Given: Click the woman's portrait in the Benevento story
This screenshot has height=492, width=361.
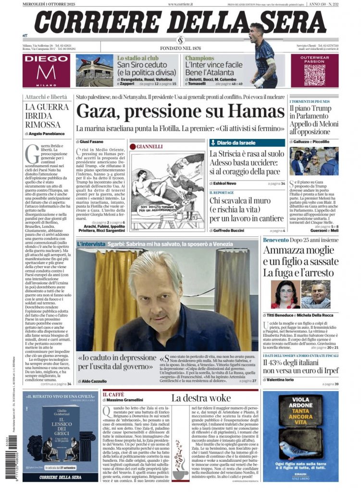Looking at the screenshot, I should tap(286, 294).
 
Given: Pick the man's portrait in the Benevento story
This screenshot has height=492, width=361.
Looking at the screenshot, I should tap(316, 294).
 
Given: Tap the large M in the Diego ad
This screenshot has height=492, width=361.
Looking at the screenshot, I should tap(46, 72).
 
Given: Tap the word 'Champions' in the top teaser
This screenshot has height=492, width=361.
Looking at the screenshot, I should tap(200, 58).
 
